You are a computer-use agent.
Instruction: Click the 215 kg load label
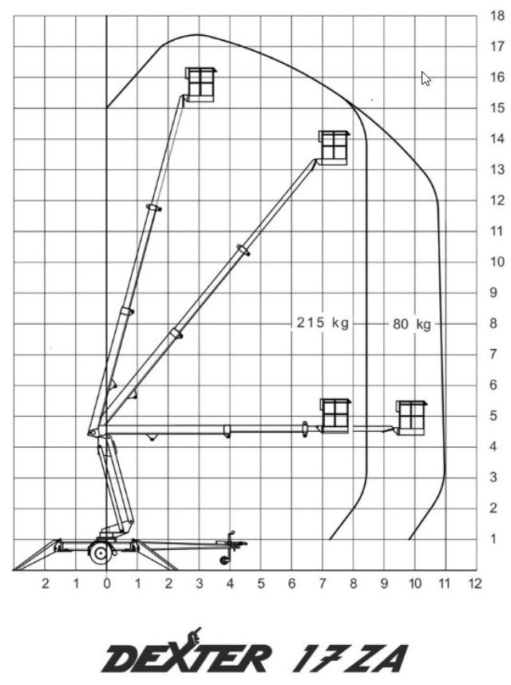click(x=323, y=323)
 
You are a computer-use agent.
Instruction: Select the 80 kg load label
click(x=412, y=324)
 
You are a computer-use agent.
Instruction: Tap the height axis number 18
click(x=497, y=16)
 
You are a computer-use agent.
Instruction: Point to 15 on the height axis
click(x=497, y=108)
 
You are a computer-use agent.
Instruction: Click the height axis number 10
click(x=497, y=262)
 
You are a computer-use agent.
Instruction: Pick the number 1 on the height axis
click(x=494, y=539)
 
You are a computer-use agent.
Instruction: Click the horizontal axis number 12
click(x=475, y=584)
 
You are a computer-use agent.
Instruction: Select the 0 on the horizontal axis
click(x=107, y=584)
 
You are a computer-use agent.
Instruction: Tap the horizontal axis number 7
click(x=323, y=584)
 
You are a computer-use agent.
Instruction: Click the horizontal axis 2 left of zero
click(x=46, y=584)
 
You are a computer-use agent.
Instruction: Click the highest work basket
click(x=200, y=85)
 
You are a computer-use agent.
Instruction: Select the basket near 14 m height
click(x=334, y=148)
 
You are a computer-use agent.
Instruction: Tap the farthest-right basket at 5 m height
click(x=411, y=418)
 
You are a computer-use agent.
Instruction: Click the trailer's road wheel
click(x=101, y=553)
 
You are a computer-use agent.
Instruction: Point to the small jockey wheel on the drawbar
click(x=224, y=560)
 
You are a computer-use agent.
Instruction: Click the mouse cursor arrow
click(x=426, y=79)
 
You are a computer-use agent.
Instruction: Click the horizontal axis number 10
click(x=415, y=584)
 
